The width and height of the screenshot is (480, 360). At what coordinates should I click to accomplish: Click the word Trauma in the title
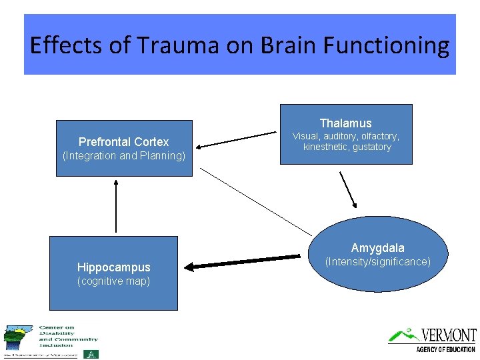tap(177, 45)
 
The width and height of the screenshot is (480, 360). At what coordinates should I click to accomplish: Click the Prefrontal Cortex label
tap(123, 141)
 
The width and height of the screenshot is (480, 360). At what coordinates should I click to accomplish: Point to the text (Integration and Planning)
tap(123, 156)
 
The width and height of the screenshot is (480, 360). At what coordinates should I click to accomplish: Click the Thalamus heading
tap(345, 123)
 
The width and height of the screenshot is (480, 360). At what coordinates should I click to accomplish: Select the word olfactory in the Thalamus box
tap(379, 136)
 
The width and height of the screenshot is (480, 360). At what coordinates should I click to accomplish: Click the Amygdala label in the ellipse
tap(377, 248)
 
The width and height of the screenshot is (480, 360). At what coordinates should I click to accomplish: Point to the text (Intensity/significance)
tap(377, 262)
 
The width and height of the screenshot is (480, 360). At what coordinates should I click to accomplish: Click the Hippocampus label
tap(113, 267)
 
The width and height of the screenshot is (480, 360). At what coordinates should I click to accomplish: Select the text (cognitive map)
tap(113, 281)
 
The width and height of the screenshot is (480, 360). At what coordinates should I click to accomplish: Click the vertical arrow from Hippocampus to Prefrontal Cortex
tap(117, 207)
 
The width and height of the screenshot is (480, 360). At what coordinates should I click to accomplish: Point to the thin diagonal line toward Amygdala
tap(257, 201)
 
